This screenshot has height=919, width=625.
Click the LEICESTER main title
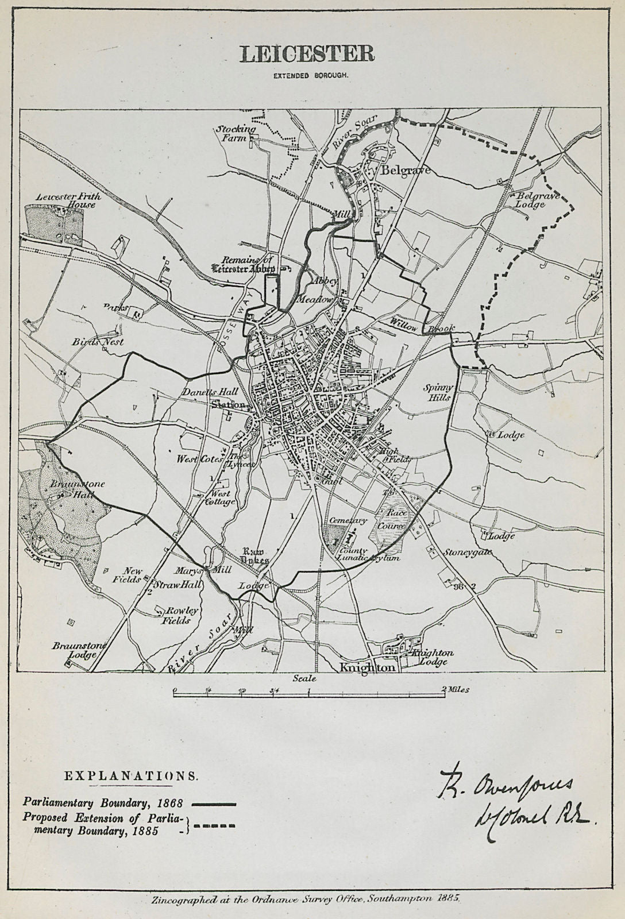coord(307,53)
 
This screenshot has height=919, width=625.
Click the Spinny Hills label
coord(438,392)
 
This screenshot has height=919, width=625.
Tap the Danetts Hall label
coord(210,391)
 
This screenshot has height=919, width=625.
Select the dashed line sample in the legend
coord(214,826)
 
